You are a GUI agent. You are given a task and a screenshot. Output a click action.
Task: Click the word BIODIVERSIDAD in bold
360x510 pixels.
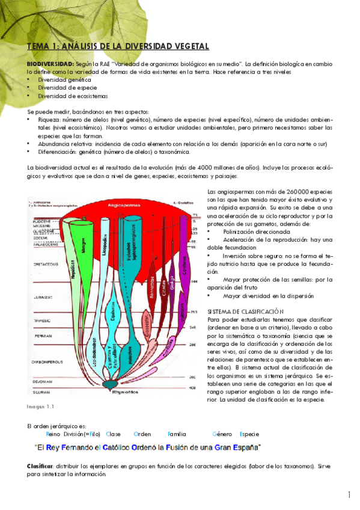[50, 63]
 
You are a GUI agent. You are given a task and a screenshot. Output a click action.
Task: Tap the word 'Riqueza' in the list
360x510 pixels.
[49, 120]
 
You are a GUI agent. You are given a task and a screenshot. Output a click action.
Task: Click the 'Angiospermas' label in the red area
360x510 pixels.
[124, 204]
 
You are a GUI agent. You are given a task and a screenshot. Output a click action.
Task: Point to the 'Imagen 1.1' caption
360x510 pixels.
[40, 407]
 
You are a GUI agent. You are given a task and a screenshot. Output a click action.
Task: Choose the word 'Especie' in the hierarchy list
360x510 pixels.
[249, 434]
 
